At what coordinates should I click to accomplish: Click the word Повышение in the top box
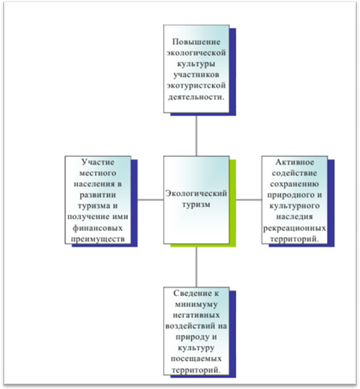point(196,42)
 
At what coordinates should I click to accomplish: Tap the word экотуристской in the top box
point(196,85)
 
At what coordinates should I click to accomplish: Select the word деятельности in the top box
point(195,97)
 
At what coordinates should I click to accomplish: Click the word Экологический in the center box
point(196,193)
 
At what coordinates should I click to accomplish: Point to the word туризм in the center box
point(196,204)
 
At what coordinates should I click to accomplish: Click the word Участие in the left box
point(98,162)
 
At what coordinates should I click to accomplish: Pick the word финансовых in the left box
point(98,228)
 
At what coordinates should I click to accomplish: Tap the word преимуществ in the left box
point(98,239)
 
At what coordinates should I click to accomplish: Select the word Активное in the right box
point(295,162)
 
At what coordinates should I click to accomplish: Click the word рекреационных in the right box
point(295,228)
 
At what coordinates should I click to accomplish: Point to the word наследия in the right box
point(295,217)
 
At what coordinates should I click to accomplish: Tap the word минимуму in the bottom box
point(196,304)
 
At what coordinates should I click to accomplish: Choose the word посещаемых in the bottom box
point(196,359)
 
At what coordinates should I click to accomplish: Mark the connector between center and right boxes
point(248,200)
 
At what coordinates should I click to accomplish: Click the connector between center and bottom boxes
point(196,267)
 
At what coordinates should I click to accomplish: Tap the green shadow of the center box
point(233,202)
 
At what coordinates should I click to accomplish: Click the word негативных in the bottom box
point(196,315)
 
